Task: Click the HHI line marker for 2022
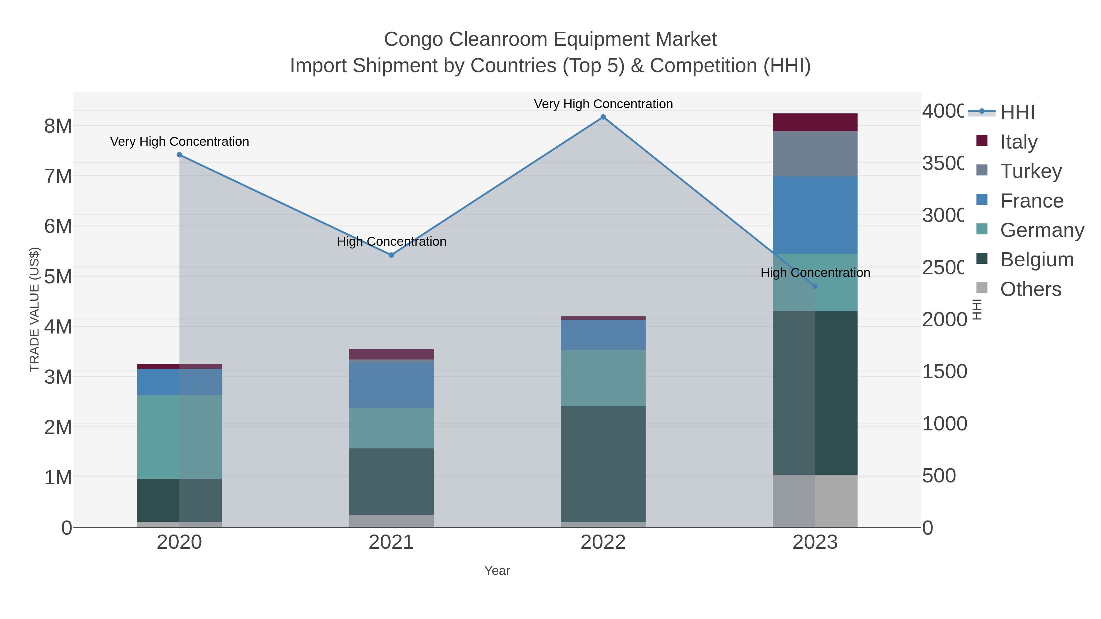[x=603, y=117]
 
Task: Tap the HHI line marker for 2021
[x=391, y=255]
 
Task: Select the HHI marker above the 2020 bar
[x=179, y=155]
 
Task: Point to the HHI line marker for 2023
[x=815, y=287]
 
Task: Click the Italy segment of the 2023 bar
[x=815, y=122]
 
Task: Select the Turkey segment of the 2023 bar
[x=815, y=154]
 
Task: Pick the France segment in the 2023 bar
[x=815, y=215]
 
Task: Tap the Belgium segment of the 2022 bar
[x=603, y=463]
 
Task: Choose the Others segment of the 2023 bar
[x=815, y=501]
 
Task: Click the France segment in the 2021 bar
[x=391, y=385]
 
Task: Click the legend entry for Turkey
[x=1030, y=171]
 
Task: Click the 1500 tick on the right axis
[x=944, y=372]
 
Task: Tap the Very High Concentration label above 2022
[x=603, y=104]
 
